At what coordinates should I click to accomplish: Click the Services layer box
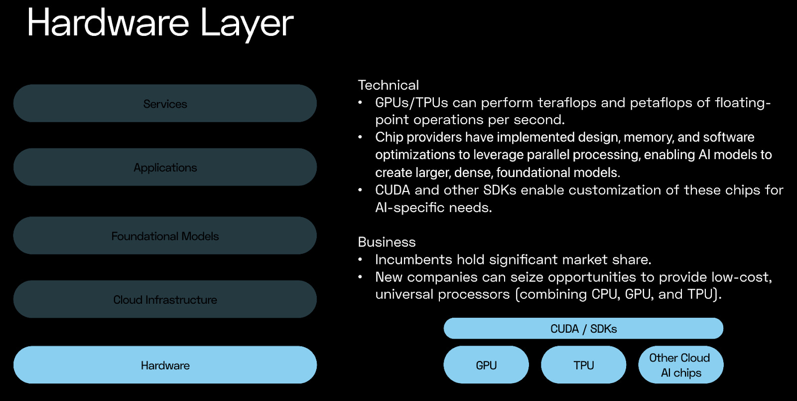(x=165, y=104)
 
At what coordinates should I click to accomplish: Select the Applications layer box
(x=165, y=168)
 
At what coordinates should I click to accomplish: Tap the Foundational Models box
(x=165, y=236)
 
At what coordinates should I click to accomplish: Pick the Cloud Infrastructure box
(x=165, y=300)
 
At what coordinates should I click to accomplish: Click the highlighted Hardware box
(x=165, y=365)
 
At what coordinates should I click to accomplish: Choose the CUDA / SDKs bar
(x=583, y=329)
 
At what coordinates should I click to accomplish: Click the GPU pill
(x=486, y=365)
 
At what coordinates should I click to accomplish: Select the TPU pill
(x=583, y=365)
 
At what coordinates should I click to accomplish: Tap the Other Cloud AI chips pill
(x=680, y=365)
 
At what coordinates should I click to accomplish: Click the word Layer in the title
(x=247, y=23)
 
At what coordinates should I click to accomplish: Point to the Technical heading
(x=389, y=85)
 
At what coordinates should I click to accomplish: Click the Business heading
(x=387, y=242)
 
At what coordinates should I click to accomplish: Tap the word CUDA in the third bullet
(x=393, y=190)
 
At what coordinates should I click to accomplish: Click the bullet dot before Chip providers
(x=360, y=137)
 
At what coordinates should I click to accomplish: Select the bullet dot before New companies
(x=360, y=277)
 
